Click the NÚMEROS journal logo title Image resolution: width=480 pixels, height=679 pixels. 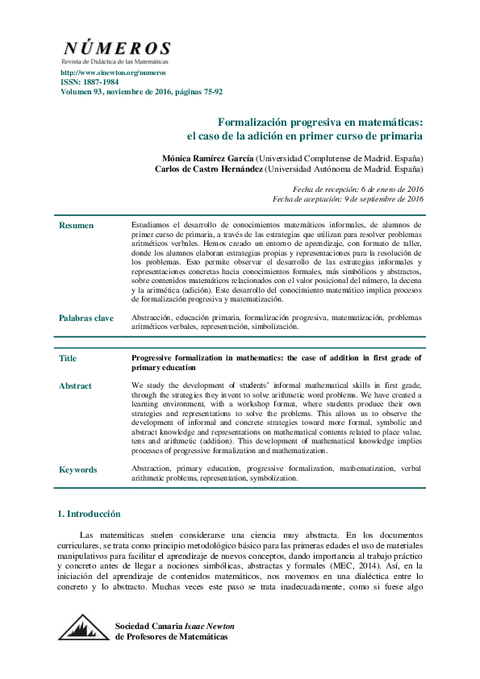116,49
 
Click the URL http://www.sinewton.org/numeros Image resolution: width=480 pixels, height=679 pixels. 113,73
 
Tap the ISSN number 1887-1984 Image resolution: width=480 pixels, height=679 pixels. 100,82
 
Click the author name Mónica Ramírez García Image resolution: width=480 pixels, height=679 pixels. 208,158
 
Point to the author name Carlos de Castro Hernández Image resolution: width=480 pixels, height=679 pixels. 209,169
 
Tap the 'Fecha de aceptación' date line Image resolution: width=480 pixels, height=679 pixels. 349,199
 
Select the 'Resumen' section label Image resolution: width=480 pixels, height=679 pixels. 76,226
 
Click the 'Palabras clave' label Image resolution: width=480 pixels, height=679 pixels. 86,319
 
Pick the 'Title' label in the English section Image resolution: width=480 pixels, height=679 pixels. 68,358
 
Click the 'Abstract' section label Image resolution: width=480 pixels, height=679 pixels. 75,386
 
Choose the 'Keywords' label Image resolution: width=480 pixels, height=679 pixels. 77,469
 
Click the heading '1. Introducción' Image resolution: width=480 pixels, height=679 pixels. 90,513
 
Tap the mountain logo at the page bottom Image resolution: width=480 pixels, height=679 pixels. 83,627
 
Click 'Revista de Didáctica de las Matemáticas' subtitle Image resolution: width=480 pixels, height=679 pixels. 115,61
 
